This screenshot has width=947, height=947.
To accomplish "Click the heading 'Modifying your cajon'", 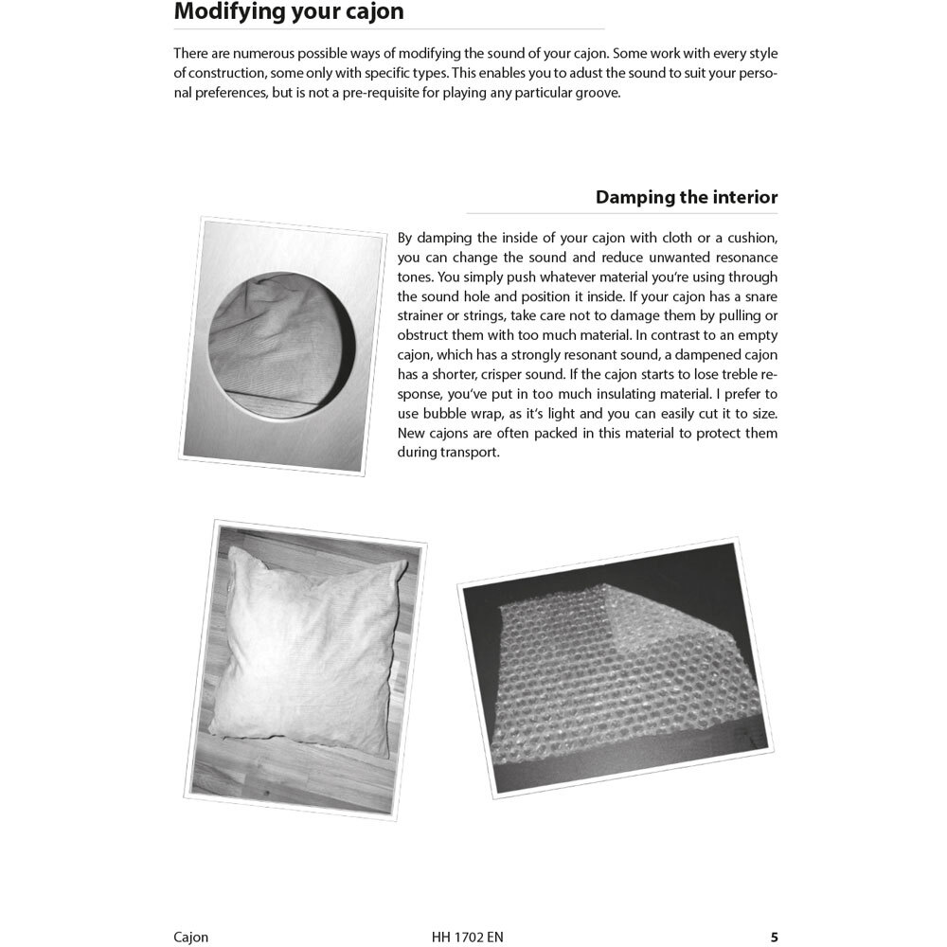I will [289, 12].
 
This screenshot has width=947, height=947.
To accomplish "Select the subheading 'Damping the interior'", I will [686, 197].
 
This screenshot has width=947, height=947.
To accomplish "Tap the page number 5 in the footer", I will [774, 938].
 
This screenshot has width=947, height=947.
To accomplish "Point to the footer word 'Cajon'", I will [191, 938].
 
